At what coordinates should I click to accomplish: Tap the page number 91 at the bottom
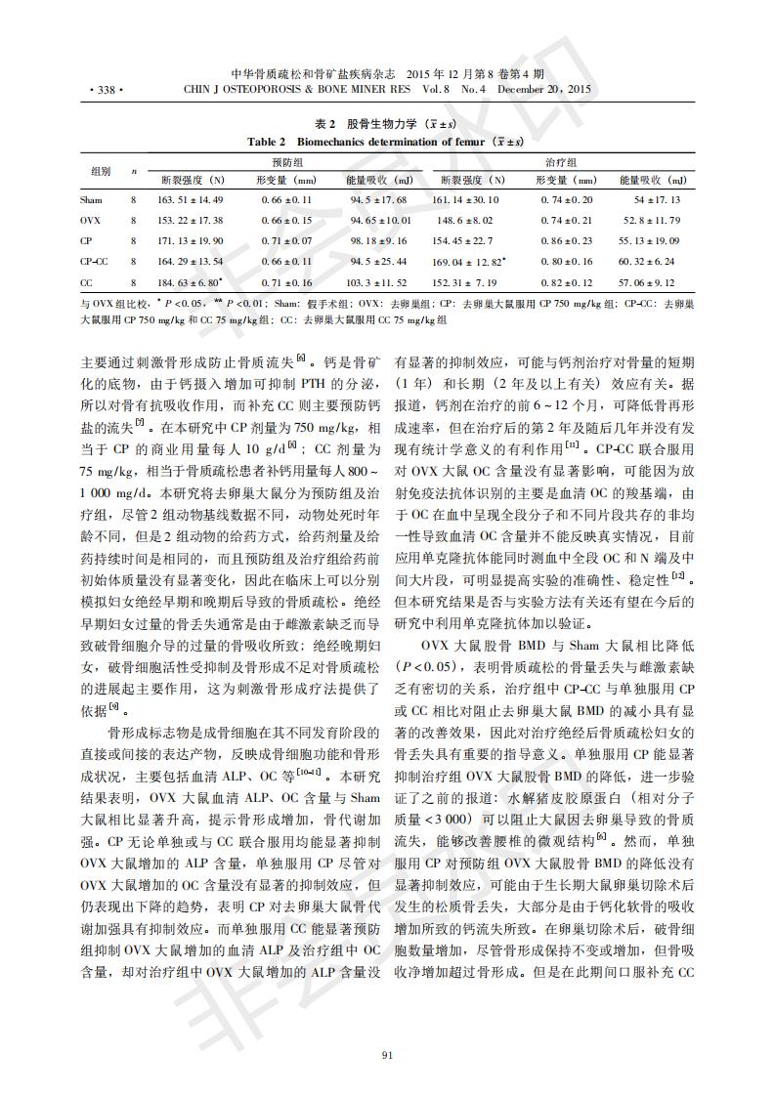[387, 1054]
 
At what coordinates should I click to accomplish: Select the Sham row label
[91, 199]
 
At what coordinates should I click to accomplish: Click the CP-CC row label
[94, 261]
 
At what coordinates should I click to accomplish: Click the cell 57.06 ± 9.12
[649, 282]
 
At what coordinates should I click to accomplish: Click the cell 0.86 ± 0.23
[565, 240]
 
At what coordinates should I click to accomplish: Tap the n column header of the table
[134, 171]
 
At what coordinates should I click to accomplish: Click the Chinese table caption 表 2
[325, 124]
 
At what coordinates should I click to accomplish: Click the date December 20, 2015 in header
[544, 90]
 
